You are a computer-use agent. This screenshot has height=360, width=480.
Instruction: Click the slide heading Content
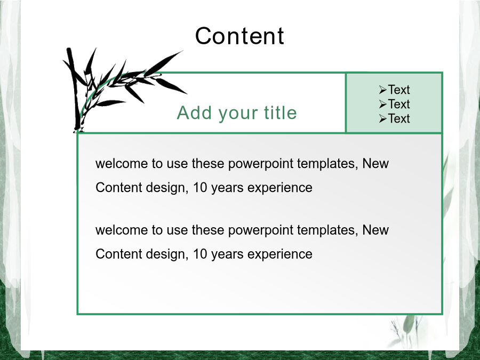(239, 36)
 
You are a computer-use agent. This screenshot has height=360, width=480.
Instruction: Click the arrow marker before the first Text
(382, 90)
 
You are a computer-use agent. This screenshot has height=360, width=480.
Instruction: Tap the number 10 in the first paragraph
(200, 187)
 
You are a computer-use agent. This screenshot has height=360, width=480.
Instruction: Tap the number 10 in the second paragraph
(200, 254)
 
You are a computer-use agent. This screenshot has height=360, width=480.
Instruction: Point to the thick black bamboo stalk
(74, 89)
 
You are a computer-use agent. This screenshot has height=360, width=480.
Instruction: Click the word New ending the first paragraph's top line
(375, 163)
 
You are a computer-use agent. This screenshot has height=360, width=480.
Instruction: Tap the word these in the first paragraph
(208, 163)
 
